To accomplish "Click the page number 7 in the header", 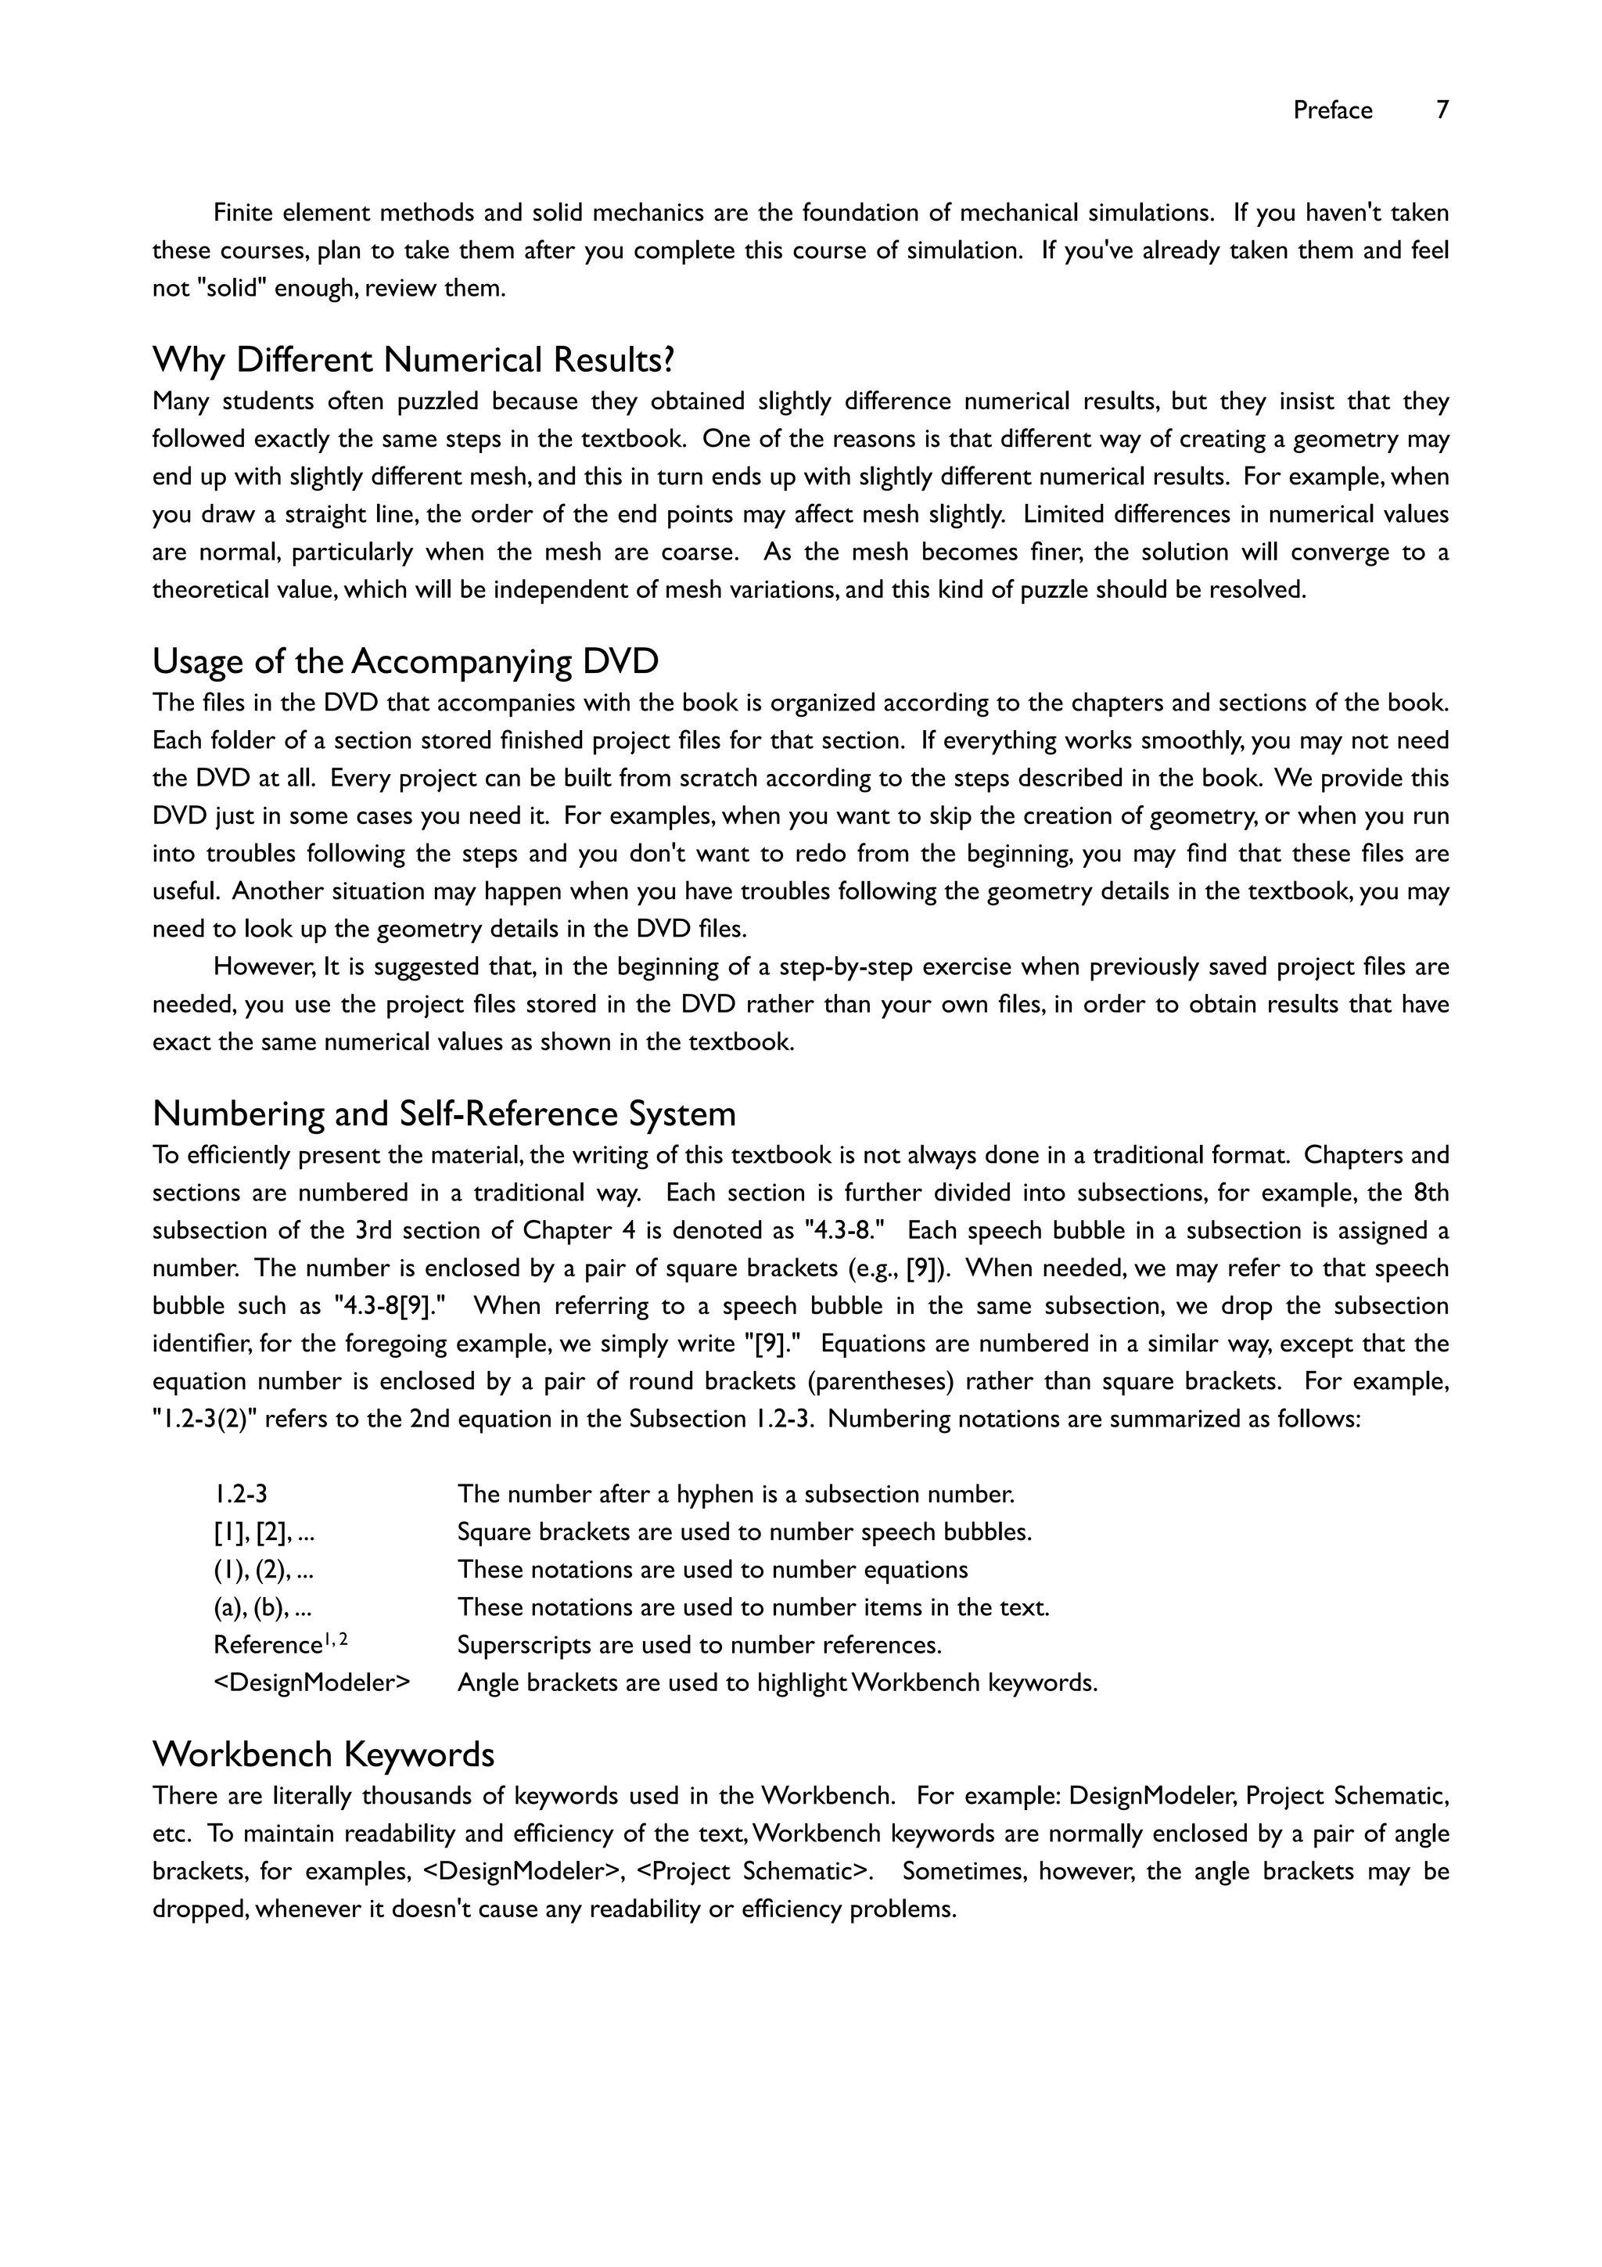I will pos(1442,110).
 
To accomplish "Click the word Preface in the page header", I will pos(1333,110).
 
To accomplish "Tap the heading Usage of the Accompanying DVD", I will pos(404,660).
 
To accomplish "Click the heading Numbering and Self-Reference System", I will pos(444,1114).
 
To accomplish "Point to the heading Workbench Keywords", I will pos(323,1754).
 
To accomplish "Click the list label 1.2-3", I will pos(240,1494).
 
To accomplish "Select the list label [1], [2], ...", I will pos(264,1532).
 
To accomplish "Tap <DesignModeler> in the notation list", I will pos(311,1682).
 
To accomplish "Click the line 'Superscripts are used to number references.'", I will pos(699,1645).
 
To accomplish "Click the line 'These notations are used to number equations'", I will pos(712,1570).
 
